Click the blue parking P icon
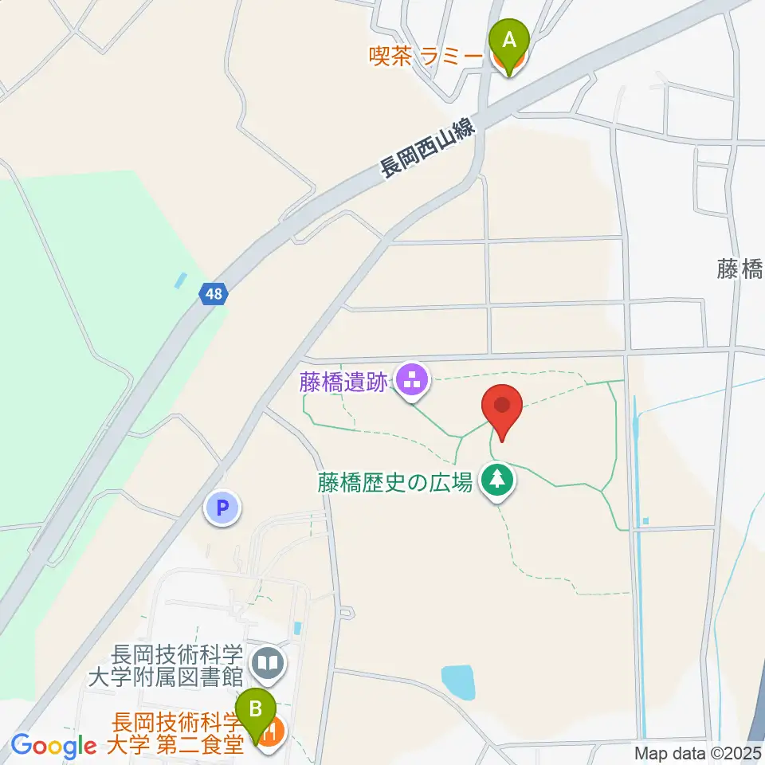(222, 507)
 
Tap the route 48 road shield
(214, 294)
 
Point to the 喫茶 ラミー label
(426, 57)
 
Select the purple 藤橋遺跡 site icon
(412, 381)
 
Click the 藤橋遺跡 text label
(344, 382)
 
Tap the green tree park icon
(499, 481)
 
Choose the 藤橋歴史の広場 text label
(396, 482)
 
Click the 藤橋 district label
(739, 270)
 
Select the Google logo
(53, 747)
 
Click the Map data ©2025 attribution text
(698, 753)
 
